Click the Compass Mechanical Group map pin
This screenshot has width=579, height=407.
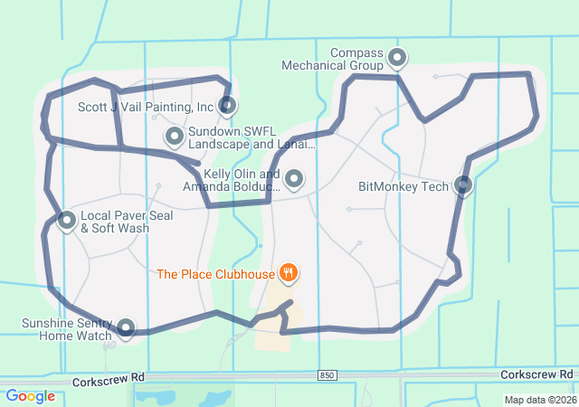(397, 59)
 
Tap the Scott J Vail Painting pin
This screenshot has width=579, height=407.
(227, 105)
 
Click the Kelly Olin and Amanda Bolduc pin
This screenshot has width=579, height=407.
(294, 179)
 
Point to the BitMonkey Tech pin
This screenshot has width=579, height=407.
(463, 185)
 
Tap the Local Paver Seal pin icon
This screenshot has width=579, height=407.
(67, 220)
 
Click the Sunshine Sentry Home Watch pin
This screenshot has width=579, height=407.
(126, 327)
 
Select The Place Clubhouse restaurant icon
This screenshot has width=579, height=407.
(289, 271)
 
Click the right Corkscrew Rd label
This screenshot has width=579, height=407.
(536, 374)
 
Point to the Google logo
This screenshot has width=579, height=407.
(30, 396)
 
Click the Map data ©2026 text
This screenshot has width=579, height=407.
(539, 400)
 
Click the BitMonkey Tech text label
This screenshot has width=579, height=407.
(403, 187)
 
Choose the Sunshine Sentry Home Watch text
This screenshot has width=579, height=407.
(67, 329)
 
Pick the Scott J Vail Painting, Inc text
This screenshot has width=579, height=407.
(146, 107)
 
